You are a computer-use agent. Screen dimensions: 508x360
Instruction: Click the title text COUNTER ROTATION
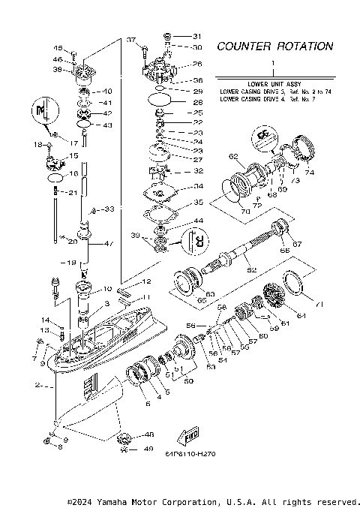(x=274, y=47)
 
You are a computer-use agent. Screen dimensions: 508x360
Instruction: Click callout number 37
(x=130, y=39)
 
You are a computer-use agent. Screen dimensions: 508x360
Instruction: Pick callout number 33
(x=109, y=208)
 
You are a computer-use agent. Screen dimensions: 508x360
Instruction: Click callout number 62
(x=233, y=157)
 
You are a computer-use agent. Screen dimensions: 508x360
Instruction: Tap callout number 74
(x=310, y=172)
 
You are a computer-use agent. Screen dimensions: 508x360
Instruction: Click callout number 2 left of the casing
(x=37, y=386)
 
